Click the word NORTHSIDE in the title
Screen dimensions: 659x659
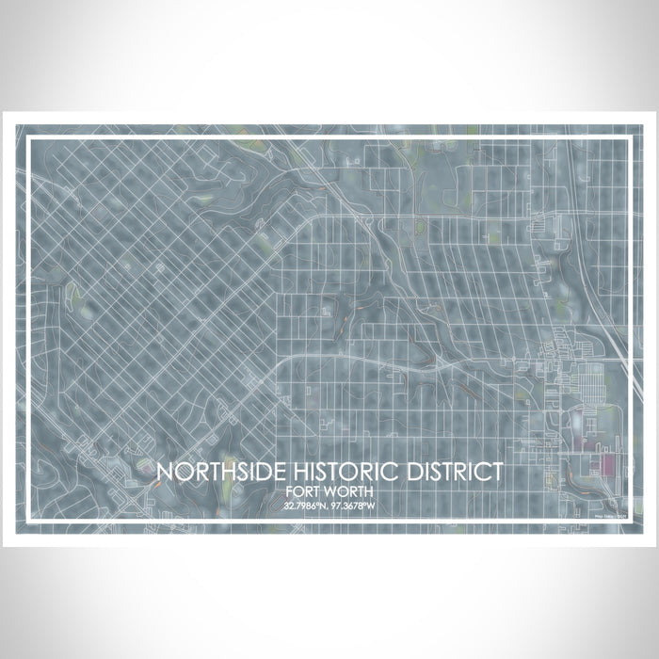pos(215,473)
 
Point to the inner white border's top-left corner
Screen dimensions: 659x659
pos(29,138)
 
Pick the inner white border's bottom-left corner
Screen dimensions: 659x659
pos(29,521)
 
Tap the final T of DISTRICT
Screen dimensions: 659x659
pos(496,473)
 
